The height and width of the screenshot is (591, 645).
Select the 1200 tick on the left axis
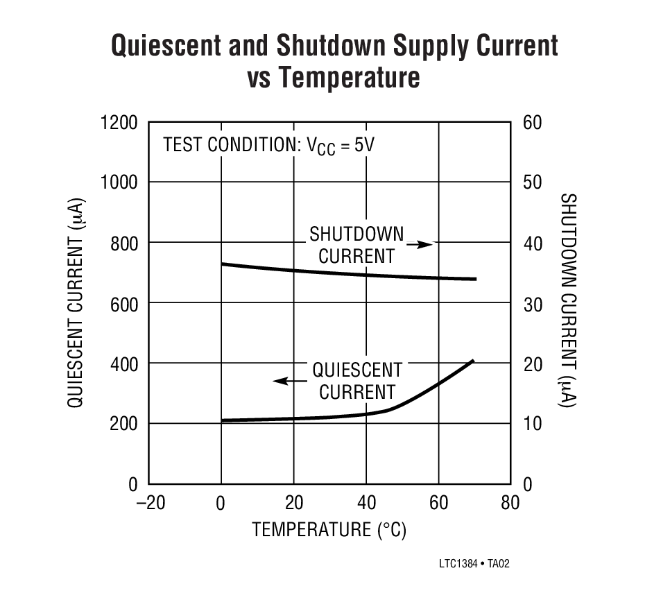119,122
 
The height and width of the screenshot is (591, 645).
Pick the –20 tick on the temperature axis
150,503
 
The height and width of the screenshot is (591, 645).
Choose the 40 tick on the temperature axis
365,503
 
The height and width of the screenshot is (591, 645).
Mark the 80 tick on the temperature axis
510,503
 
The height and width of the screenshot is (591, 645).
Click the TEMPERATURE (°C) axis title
329,531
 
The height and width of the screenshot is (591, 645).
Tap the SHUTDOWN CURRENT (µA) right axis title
568,300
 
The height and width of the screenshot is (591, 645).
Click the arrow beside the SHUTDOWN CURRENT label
419,244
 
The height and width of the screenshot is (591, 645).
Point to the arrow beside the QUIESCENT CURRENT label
290,381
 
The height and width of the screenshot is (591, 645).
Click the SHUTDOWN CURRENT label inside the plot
356,245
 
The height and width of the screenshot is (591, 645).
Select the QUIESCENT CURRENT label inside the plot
356,381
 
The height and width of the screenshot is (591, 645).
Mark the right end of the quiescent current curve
473,361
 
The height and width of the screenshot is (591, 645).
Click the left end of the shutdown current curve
222,264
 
